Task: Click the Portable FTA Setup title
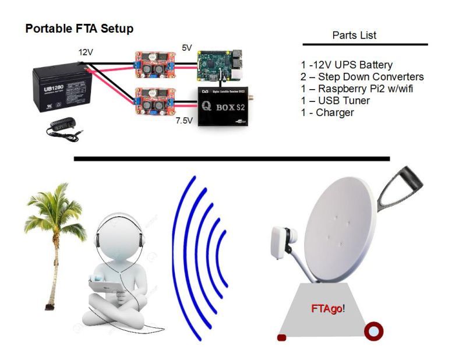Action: coord(79,29)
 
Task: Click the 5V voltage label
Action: coord(186,48)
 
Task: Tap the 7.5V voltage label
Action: coord(185,122)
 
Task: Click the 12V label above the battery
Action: coord(86,52)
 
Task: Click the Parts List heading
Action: coord(354,36)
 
